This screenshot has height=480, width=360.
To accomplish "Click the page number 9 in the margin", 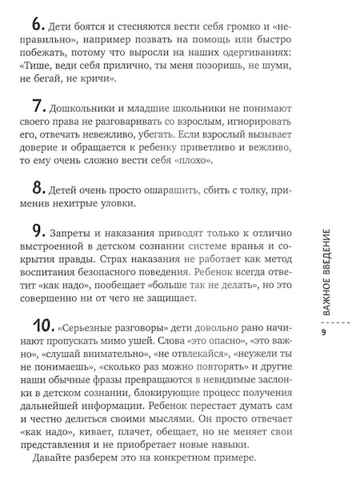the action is pos(323,333).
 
